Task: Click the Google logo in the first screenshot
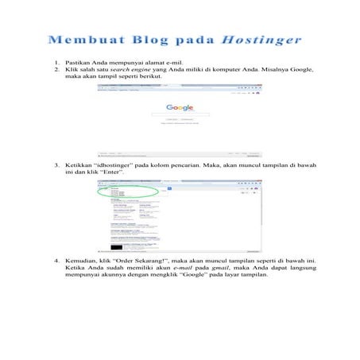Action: (180, 107)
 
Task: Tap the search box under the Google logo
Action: (180, 114)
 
